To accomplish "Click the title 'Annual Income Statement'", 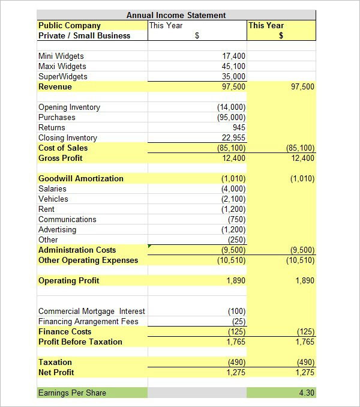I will pos(176,15).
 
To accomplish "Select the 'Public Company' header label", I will pos(70,25).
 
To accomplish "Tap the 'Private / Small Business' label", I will pos(84,35).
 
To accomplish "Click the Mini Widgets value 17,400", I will pos(233,56).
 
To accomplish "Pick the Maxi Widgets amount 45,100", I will pos(233,66).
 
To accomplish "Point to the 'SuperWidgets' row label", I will pos(63,76).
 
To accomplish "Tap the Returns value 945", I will pos(239,127).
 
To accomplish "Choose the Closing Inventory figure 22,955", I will pos(233,137).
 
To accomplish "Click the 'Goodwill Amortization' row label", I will pos(81,178).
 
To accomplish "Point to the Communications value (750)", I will pos(236,219).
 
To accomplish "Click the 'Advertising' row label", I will pos(57,229).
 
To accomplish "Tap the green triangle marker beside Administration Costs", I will pos(149,246).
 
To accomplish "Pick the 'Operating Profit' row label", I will pos(69,280).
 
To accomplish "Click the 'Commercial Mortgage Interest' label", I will pos(92,311).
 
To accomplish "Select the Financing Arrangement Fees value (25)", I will pos(238,321).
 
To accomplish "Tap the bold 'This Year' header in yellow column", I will pos(266,25).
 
